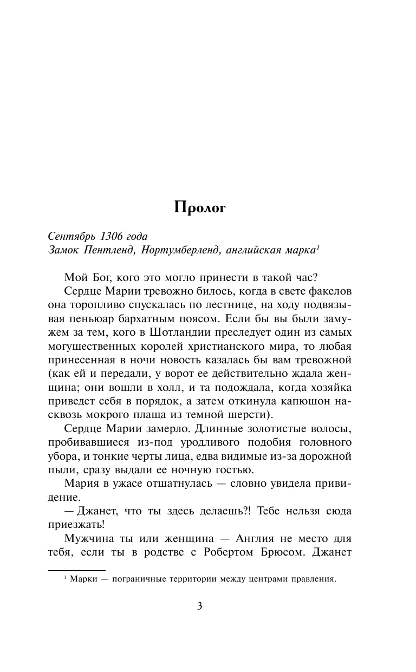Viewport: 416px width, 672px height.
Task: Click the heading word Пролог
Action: pyautogui.click(x=200, y=207)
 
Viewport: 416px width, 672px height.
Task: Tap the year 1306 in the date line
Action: pyautogui.click(x=113, y=236)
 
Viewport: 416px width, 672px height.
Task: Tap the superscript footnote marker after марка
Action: pyautogui.click(x=318, y=246)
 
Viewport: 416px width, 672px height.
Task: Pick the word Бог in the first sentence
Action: pyautogui.click(x=97, y=277)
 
